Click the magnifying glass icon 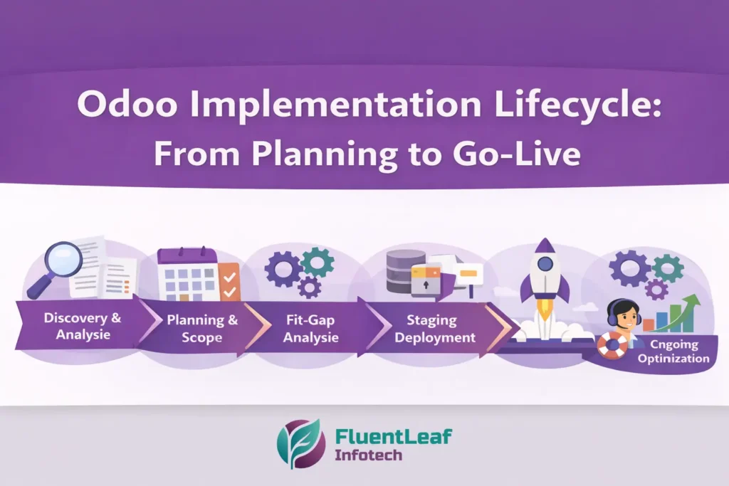tap(61, 260)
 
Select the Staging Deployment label tap(435, 329)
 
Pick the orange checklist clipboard tap(229, 282)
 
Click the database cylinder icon tap(404, 270)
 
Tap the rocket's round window tap(545, 264)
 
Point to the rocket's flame tap(545, 307)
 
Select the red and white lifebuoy tap(612, 345)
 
